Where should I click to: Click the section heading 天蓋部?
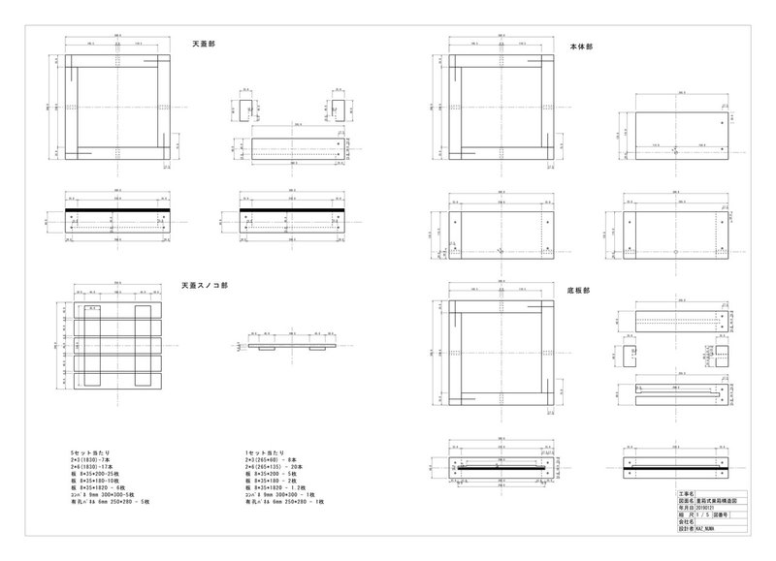tap(204, 44)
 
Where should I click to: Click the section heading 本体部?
tap(581, 45)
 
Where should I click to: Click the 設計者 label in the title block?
tap(683, 530)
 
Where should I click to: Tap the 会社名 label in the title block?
tap(683, 522)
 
